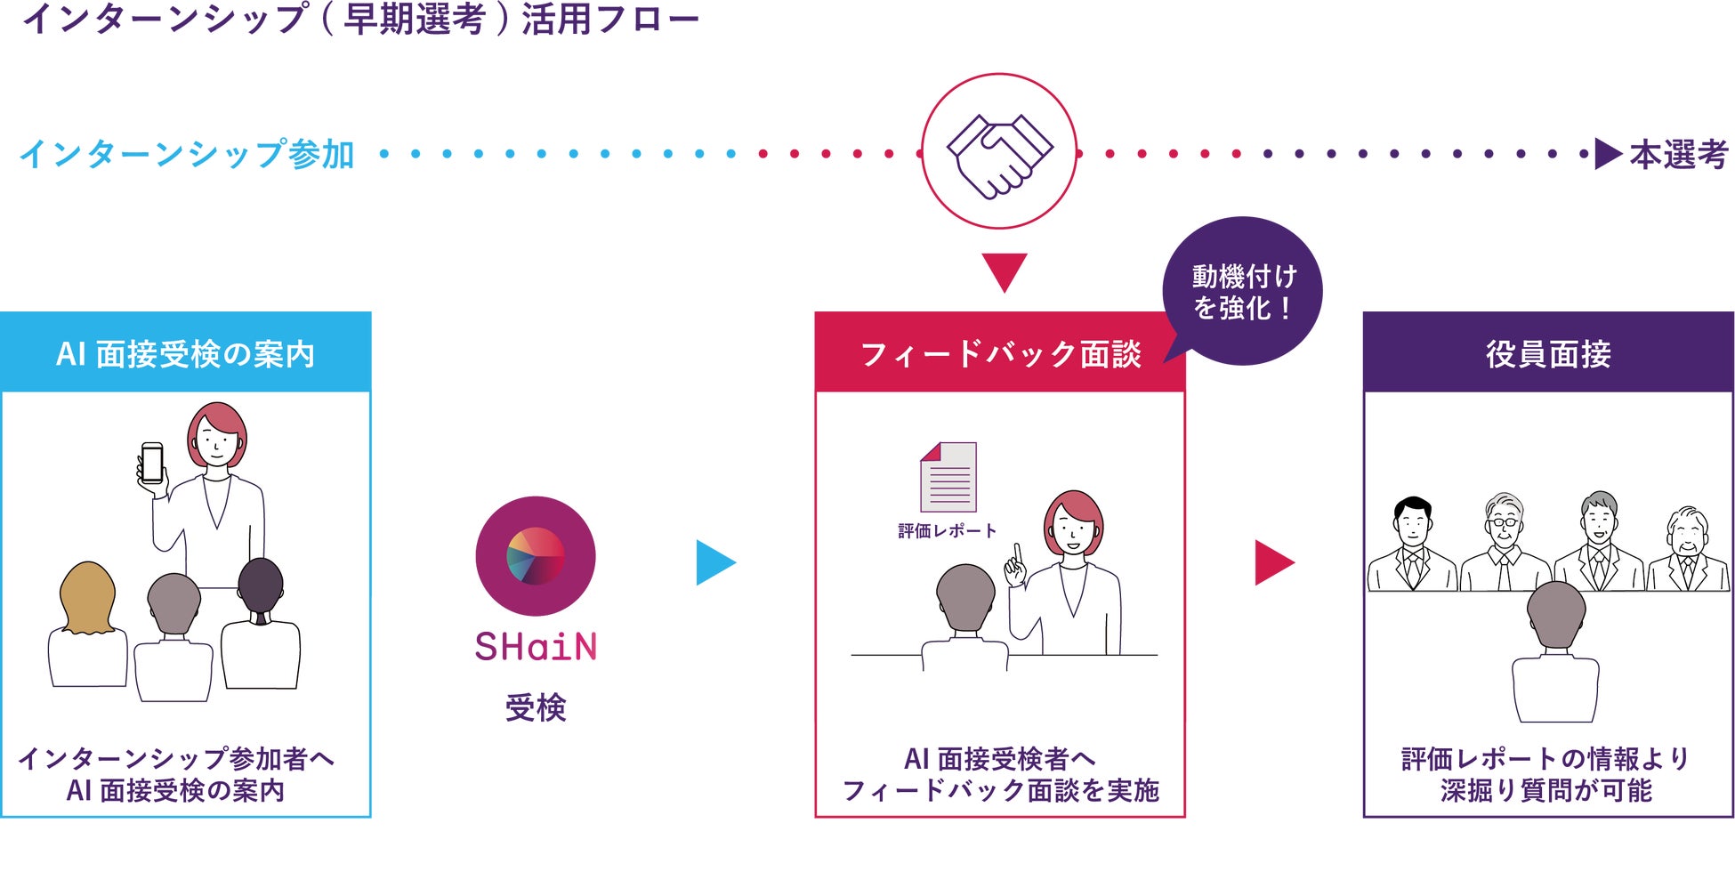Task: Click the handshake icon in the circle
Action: [999, 153]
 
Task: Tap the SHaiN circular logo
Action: [536, 556]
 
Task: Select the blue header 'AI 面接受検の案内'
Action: [186, 353]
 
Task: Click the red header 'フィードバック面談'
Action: [1000, 353]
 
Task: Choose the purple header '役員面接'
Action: [1548, 353]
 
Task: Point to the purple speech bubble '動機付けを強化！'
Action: [1243, 292]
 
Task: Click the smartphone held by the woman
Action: [152, 464]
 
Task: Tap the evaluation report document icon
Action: [948, 477]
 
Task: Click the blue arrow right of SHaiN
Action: [714, 562]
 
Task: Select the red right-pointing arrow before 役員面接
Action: [1273, 562]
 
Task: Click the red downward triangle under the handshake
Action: [1005, 270]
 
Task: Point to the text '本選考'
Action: [1678, 155]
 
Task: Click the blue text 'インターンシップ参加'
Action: [187, 154]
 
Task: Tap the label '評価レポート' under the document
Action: [947, 531]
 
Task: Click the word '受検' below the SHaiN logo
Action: [536, 707]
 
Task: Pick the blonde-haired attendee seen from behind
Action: [87, 623]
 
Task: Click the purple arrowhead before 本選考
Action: [1608, 154]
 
